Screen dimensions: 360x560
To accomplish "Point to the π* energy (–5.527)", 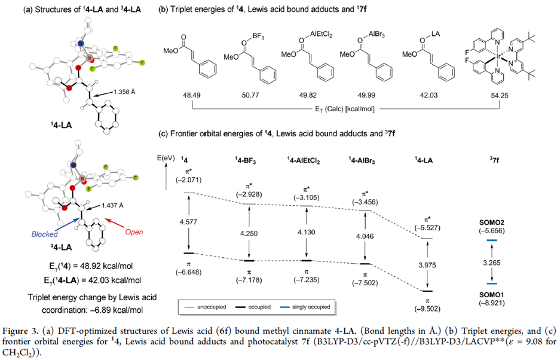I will point(427,230).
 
